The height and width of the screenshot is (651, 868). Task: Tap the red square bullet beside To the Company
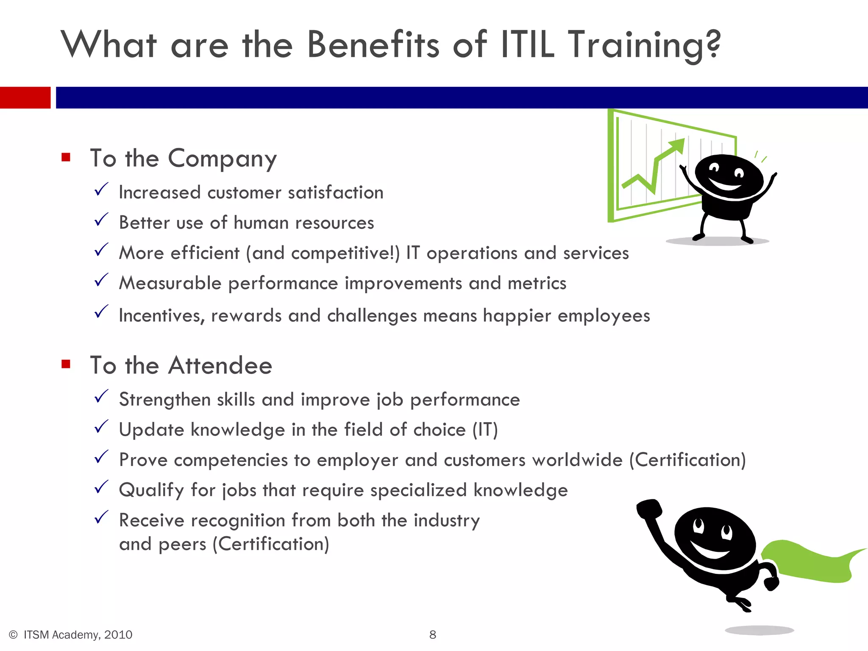coord(66,157)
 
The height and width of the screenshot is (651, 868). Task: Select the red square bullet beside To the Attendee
coord(66,364)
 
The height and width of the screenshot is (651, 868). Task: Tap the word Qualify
coord(151,490)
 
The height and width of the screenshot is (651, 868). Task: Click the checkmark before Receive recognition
coord(101,517)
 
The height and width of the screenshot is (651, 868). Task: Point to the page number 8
coord(433,634)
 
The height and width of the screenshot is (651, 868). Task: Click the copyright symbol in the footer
coord(13,634)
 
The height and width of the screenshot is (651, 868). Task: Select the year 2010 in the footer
coord(118,634)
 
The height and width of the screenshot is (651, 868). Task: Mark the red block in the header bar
coord(25,97)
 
